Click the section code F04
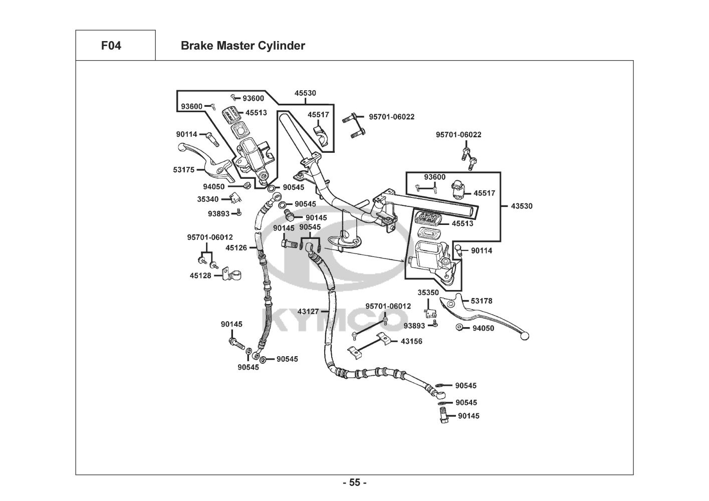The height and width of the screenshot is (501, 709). (x=111, y=46)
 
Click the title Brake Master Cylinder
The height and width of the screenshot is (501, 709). (x=243, y=46)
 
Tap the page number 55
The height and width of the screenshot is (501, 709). (x=355, y=483)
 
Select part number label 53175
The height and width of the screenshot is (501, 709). (x=184, y=170)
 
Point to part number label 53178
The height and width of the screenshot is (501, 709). (x=482, y=301)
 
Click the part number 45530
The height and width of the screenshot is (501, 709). (x=305, y=93)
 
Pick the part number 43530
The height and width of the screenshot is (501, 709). (x=522, y=206)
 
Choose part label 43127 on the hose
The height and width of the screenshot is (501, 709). (x=308, y=311)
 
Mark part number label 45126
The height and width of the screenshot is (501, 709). (x=236, y=247)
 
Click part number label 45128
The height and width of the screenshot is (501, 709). (x=200, y=275)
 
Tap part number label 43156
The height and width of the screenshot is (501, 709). (x=411, y=341)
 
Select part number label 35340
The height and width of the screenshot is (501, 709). (x=207, y=199)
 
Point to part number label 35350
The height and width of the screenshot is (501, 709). (x=428, y=293)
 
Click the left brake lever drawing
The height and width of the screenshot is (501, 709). (x=205, y=160)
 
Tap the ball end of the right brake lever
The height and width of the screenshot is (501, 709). (x=525, y=336)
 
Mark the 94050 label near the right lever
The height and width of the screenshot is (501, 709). (x=483, y=328)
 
